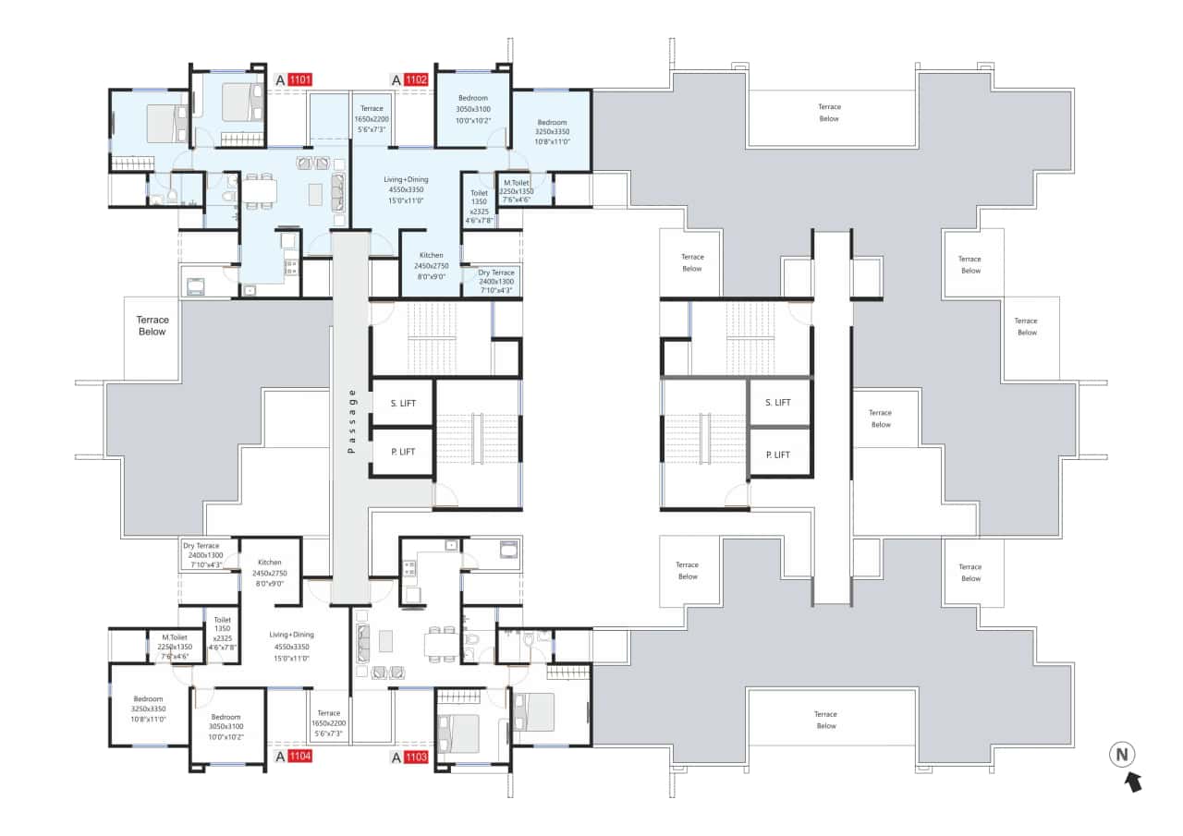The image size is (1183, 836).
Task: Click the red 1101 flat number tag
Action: [300, 79]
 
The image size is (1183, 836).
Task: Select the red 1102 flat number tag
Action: [416, 79]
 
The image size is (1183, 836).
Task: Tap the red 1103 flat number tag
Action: [416, 757]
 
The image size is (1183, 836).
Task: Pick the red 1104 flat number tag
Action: [299, 757]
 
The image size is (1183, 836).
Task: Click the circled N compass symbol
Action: [1122, 755]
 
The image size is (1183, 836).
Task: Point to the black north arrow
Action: [1132, 782]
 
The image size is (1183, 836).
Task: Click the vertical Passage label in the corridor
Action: [350, 420]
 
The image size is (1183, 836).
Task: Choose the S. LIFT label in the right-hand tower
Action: [778, 402]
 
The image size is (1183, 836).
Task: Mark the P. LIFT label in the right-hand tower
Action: [778, 454]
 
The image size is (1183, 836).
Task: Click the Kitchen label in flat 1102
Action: [431, 255]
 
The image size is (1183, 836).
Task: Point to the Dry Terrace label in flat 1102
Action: [496, 273]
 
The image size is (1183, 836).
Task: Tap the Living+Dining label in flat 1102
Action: [403, 178]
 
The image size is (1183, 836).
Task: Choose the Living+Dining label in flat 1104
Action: [291, 635]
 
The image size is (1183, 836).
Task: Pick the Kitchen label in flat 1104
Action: [270, 562]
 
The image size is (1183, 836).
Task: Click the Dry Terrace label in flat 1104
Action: [201, 546]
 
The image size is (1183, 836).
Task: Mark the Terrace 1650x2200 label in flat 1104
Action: [328, 713]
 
